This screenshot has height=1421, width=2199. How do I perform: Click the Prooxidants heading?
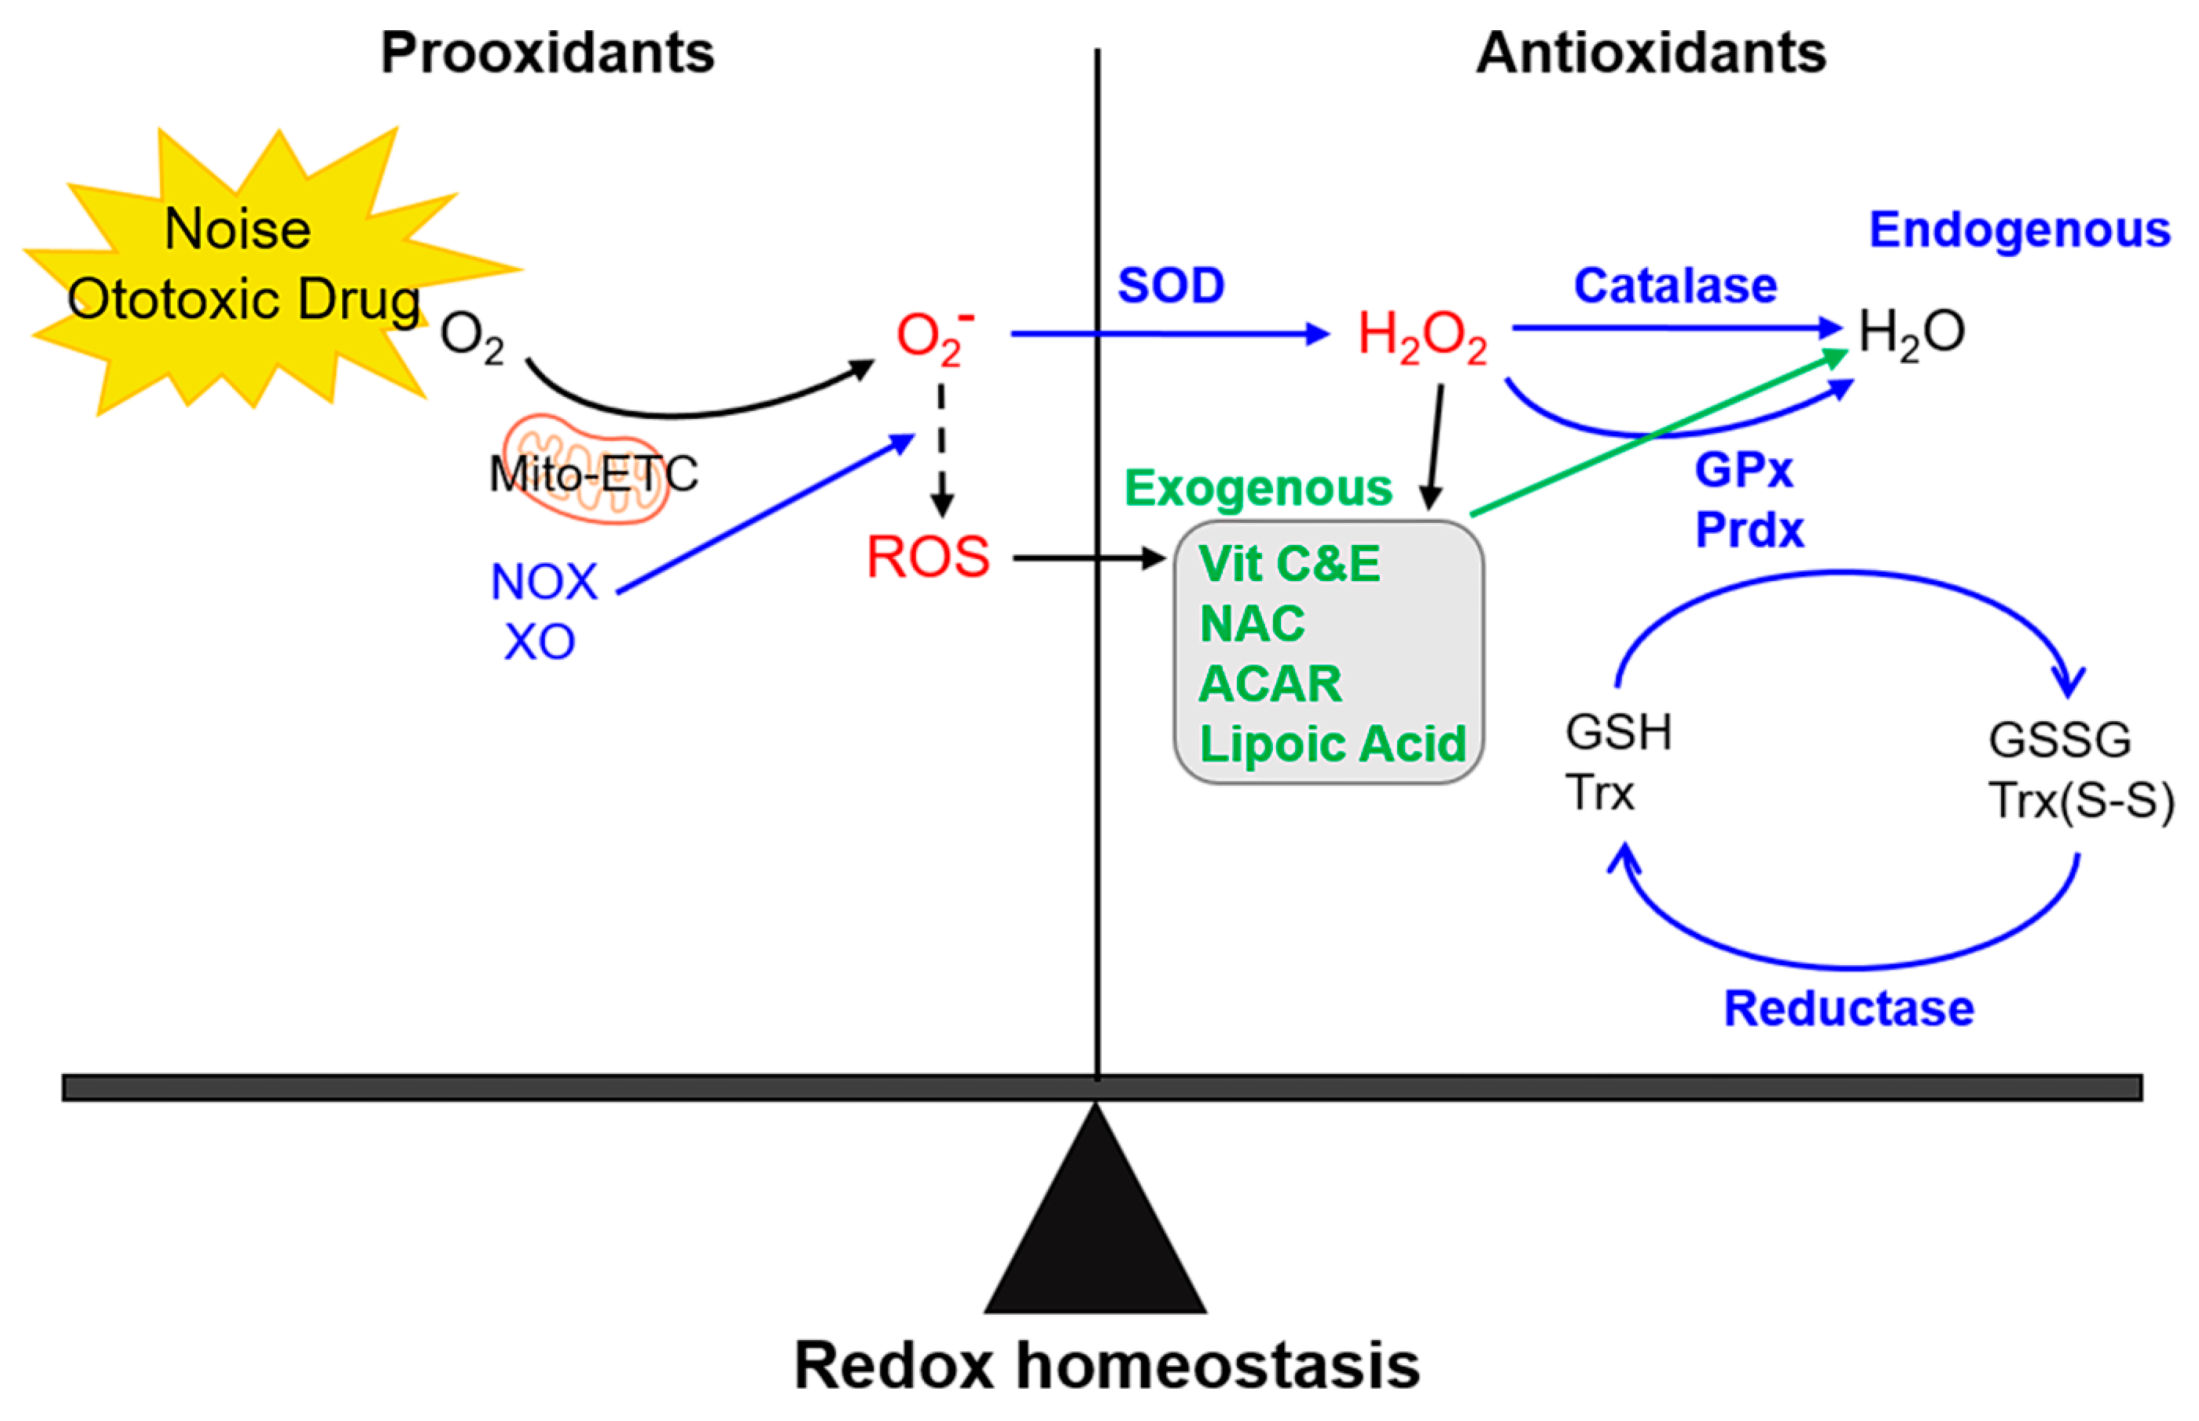pos(547,53)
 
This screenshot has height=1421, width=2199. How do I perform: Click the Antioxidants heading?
pos(1651,53)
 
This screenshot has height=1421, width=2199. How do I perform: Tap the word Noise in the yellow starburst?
pos(237,229)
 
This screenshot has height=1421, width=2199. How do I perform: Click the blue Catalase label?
pos(1675,286)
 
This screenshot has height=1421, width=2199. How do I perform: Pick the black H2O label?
pos(1910,332)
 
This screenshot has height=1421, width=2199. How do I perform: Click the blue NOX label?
pos(544,582)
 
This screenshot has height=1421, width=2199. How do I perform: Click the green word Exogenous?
pos(1258,488)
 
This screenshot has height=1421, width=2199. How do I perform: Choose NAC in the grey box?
pos(1252,624)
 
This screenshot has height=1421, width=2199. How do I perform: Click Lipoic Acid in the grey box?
pos(1331,744)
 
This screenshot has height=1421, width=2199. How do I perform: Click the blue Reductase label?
pos(1848,1009)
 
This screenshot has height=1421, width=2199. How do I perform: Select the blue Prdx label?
pos(1749,531)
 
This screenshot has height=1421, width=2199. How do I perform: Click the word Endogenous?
pos(2019,230)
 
